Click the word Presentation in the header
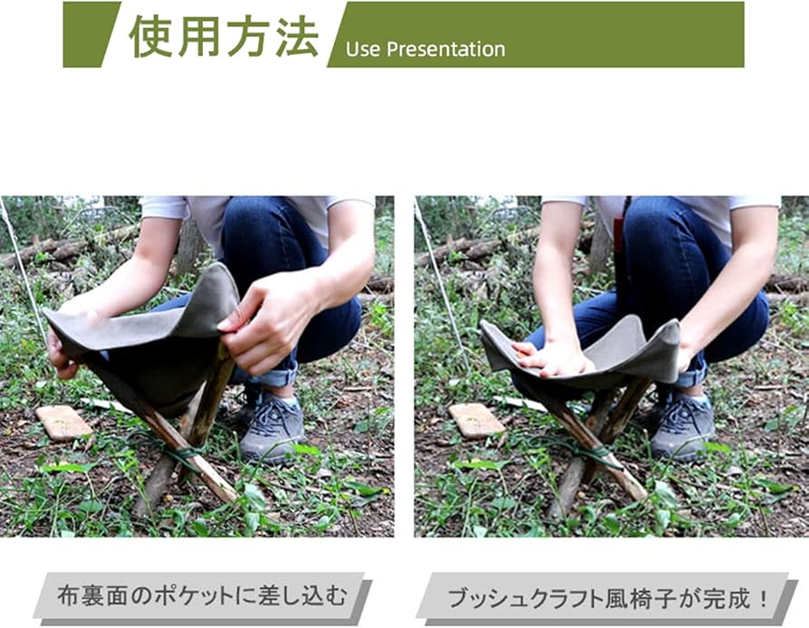pyautogui.click(x=446, y=50)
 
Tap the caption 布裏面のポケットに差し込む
pyautogui.click(x=201, y=596)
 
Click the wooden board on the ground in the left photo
pyautogui.click(x=63, y=422)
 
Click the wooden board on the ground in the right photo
pyautogui.click(x=476, y=420)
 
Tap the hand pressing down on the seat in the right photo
pyautogui.click(x=554, y=357)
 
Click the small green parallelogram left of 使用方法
pyautogui.click(x=90, y=34)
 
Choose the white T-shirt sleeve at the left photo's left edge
pyautogui.click(x=163, y=207)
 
